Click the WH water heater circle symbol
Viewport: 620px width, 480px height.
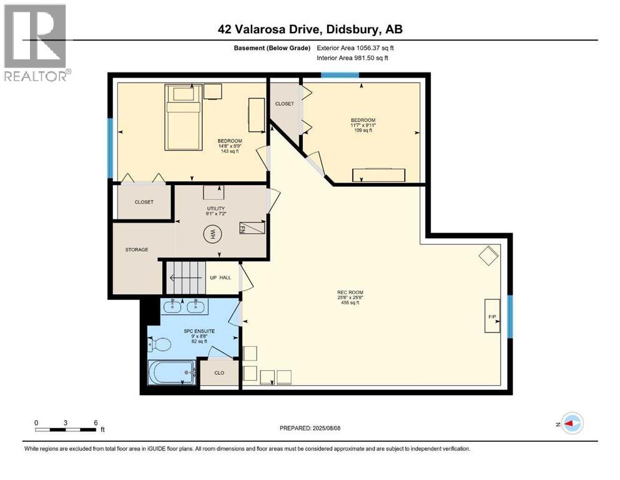pos(212,235)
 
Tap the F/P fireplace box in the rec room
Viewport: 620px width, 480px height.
pos(492,316)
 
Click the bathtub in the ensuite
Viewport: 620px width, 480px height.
pos(172,372)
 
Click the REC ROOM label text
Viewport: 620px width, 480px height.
pos(350,292)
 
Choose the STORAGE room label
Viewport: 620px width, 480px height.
pos(137,249)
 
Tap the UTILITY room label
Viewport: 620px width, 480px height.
pos(217,208)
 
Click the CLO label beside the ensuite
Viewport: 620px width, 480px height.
pos(219,372)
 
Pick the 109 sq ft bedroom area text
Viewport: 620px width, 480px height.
pos(363,131)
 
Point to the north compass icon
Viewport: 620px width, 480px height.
pos(572,423)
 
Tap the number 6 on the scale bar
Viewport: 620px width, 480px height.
pos(95,422)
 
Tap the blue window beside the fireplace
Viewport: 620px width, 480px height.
pos(509,316)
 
